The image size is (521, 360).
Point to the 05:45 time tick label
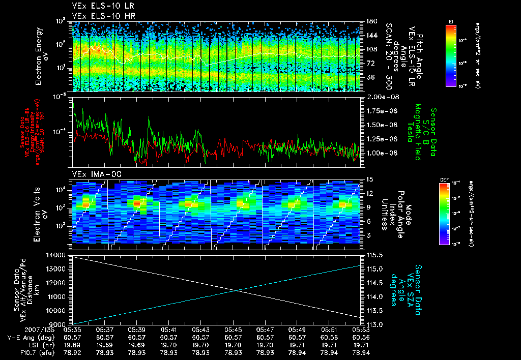click(x=233, y=329)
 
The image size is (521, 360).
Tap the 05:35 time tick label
click(x=72, y=329)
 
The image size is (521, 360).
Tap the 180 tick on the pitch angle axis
click(x=370, y=21)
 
